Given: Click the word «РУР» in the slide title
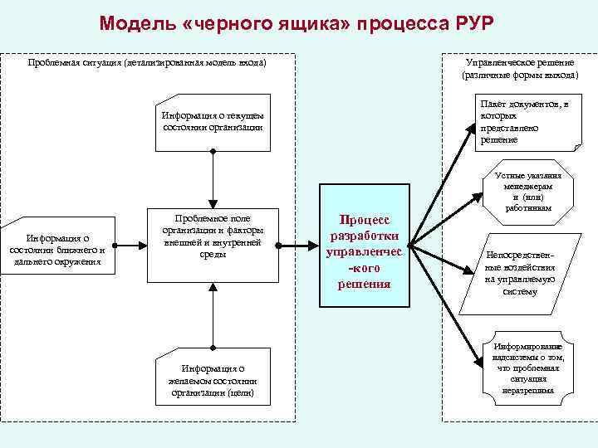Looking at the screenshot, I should click(471, 22).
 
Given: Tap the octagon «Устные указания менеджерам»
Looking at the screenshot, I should click(527, 197).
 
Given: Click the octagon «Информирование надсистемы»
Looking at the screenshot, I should click(527, 367).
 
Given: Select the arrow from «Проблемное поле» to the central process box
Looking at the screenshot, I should click(296, 246).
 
